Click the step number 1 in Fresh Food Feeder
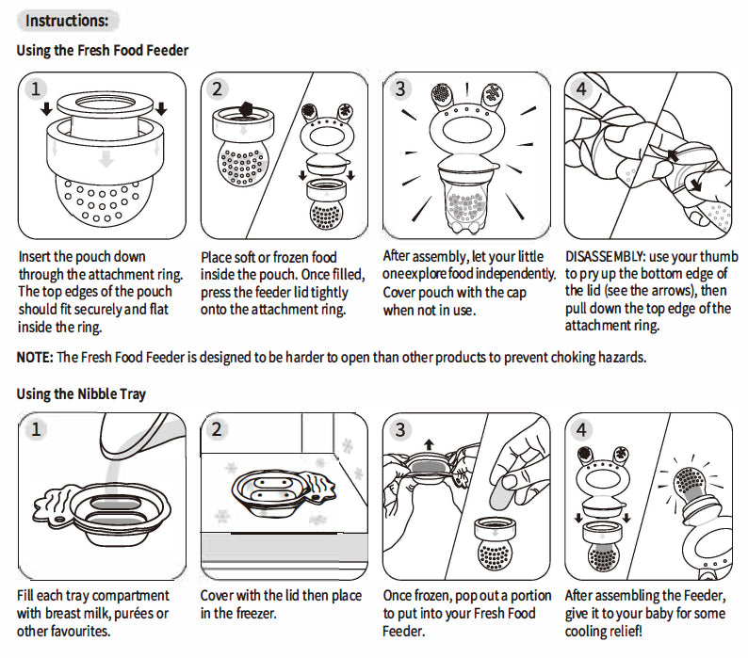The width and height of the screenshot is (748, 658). (36, 89)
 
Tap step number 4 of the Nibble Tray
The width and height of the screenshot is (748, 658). (581, 430)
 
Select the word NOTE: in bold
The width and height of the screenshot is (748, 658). (35, 357)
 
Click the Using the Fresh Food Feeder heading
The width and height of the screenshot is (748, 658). (103, 50)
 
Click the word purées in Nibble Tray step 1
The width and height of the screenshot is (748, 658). (132, 613)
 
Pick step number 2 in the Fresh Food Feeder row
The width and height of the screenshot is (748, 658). (218, 89)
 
